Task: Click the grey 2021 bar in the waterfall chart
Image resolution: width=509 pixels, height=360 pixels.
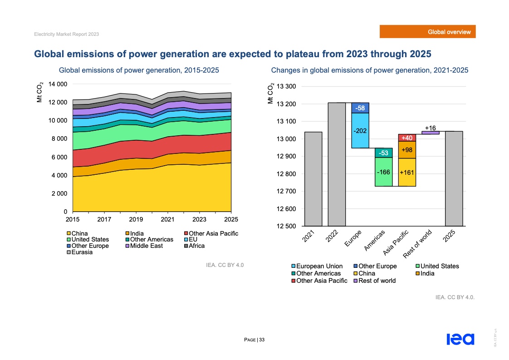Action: point(313,179)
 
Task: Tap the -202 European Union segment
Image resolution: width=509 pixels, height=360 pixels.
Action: point(360,131)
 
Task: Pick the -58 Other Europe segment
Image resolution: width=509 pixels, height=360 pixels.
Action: point(360,108)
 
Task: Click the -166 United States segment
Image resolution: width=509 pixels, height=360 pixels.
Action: point(383,172)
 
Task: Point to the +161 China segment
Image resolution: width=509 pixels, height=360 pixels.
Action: point(407,173)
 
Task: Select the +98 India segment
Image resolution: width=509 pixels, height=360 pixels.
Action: point(407,150)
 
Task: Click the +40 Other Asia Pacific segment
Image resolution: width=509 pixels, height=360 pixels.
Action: point(407,138)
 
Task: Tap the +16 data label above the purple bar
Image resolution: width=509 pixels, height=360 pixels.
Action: point(431,128)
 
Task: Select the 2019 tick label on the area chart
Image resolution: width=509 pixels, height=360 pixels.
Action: point(136,219)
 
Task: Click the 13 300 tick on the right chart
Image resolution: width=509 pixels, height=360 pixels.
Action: point(286,87)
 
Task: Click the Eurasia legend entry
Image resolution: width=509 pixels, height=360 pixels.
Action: point(82,252)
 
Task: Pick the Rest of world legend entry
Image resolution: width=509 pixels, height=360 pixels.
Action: point(377,281)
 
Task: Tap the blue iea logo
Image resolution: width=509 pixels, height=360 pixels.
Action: point(460,339)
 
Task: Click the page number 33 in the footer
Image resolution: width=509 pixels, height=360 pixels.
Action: point(262,340)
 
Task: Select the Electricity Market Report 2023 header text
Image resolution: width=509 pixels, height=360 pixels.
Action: point(67,35)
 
